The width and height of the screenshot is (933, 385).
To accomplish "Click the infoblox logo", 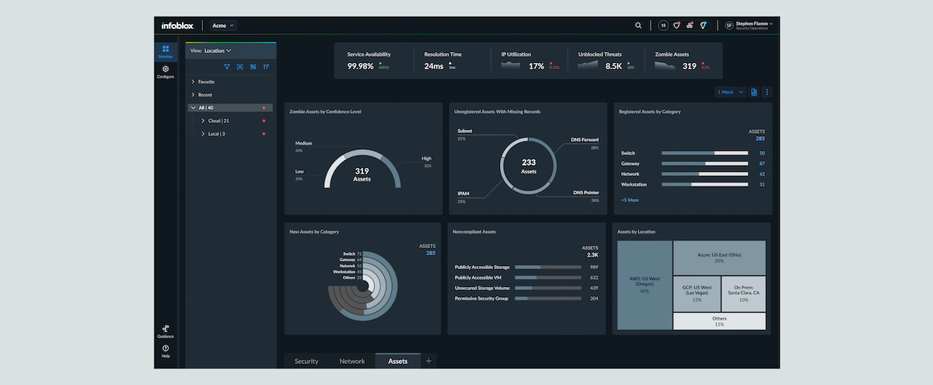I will point(178,26).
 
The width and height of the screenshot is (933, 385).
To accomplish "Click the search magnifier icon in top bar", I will point(638,26).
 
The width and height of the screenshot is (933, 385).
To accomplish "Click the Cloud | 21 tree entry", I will point(218,121).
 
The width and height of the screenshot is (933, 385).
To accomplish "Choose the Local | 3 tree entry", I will point(216,134).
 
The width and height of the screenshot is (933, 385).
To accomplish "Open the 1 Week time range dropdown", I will point(730,93).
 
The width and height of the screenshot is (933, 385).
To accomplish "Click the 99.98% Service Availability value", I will point(361,66).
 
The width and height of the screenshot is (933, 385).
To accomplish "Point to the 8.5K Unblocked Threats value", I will point(614,66).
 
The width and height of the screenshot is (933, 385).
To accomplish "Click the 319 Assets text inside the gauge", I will point(362,174).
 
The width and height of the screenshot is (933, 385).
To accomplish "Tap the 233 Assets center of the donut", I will point(529,166).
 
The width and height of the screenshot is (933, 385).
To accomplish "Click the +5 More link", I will point(630,200).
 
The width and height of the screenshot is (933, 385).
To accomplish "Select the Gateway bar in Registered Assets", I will point(704,163).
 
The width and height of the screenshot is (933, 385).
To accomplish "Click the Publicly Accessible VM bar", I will point(547,277).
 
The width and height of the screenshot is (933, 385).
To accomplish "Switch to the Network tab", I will point(352,361).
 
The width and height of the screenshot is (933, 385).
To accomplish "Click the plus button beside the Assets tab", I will point(428,361).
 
